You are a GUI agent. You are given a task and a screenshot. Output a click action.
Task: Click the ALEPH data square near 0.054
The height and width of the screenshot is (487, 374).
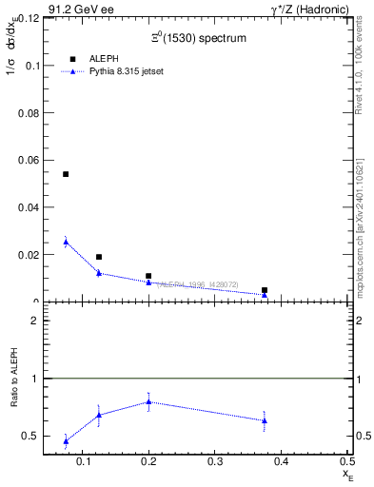[x=66, y=174]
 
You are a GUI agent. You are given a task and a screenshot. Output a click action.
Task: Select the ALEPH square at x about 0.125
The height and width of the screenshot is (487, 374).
[x=99, y=257]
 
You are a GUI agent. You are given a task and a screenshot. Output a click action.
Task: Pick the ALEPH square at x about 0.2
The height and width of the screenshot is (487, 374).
[x=148, y=276]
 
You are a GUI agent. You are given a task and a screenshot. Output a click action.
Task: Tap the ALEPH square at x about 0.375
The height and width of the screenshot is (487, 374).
[x=265, y=290]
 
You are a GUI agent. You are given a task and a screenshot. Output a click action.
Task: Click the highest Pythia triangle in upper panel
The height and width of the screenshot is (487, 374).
[x=66, y=242]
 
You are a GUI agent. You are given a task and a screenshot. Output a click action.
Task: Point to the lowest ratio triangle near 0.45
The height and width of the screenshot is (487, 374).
[x=66, y=441]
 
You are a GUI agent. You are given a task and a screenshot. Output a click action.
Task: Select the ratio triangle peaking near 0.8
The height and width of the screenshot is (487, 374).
[x=148, y=401]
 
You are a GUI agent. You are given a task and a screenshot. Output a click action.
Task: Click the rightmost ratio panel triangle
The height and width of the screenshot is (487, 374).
[x=265, y=420]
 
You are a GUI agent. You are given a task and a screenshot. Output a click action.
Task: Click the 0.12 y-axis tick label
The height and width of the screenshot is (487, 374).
[x=28, y=18]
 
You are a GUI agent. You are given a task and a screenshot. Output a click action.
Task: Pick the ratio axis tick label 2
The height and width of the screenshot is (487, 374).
[x=35, y=321]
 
